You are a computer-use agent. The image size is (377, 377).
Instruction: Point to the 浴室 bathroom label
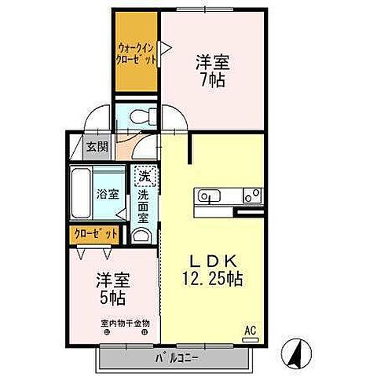[107, 193]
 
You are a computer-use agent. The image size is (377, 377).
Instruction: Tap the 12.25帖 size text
[213, 278]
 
